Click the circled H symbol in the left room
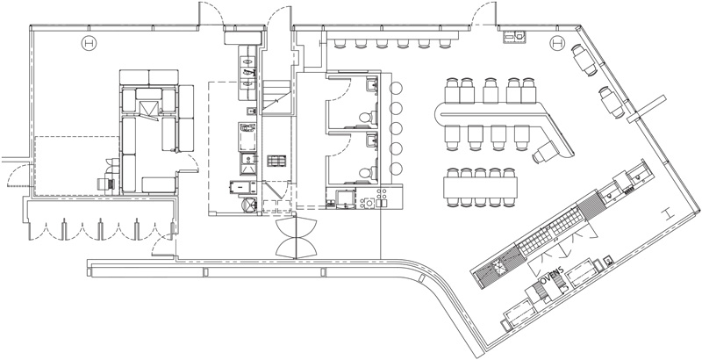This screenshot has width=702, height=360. [x=88, y=43]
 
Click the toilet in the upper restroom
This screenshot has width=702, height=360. [x=372, y=116]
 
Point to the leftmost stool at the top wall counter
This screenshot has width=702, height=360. [x=339, y=43]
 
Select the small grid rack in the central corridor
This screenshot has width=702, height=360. [x=277, y=161]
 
